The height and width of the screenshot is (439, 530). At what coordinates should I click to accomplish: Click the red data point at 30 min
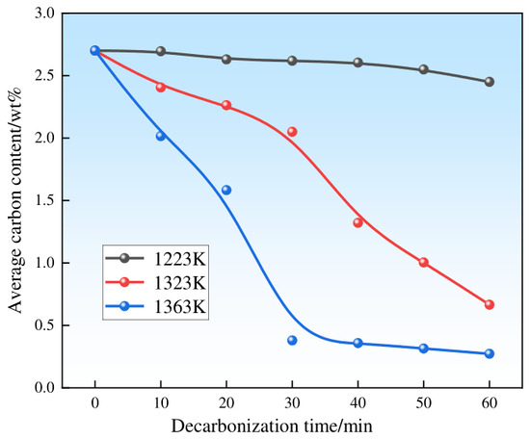click(292, 132)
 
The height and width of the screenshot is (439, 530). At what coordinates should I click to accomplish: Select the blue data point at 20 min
click(226, 190)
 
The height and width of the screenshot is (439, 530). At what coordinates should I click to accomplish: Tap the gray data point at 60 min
click(490, 82)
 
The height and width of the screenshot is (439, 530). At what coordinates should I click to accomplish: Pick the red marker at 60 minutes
click(490, 304)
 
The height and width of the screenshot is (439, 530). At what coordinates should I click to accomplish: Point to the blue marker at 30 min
click(292, 341)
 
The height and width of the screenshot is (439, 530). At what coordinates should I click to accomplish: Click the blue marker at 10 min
click(161, 136)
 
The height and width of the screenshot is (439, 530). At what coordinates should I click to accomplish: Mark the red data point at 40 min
click(358, 223)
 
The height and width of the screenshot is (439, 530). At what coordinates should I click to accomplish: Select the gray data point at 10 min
click(161, 51)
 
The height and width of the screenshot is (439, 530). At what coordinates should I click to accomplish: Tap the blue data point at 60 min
click(490, 354)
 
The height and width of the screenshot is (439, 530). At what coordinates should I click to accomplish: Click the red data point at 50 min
click(424, 263)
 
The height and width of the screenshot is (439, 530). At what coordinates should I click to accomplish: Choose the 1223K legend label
click(180, 259)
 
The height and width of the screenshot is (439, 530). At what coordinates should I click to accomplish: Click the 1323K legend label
click(180, 283)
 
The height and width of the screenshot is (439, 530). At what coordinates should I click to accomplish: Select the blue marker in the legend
click(124, 306)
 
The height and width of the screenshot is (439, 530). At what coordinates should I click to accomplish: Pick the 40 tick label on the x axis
click(358, 402)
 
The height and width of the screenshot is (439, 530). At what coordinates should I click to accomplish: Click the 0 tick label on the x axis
click(95, 402)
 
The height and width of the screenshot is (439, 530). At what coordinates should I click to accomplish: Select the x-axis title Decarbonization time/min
click(272, 426)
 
